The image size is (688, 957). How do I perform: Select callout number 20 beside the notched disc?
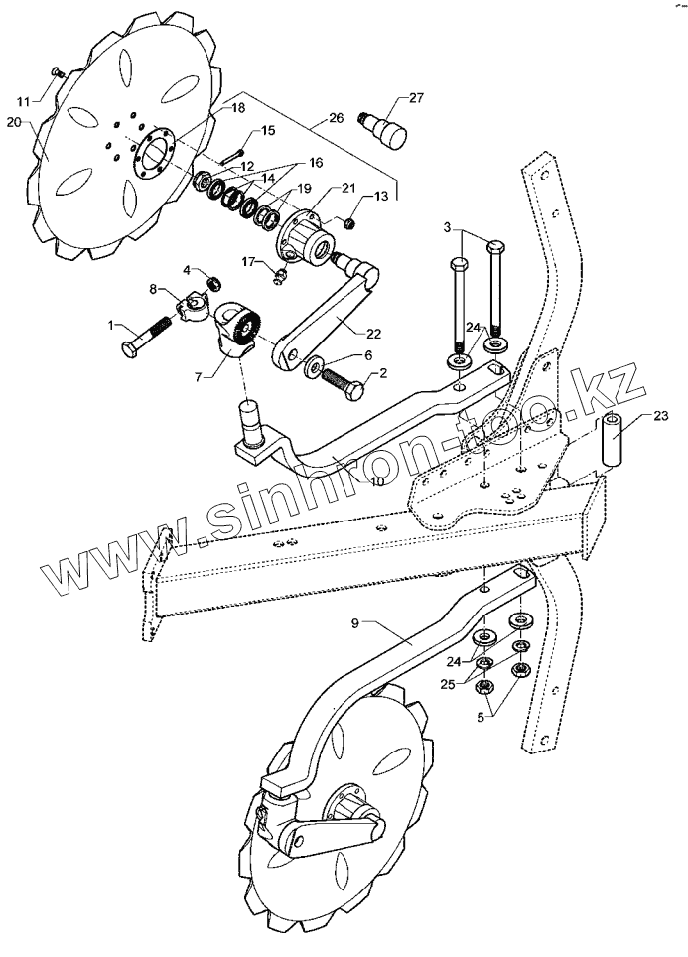tap(13, 121)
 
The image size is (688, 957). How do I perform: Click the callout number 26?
tap(336, 118)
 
